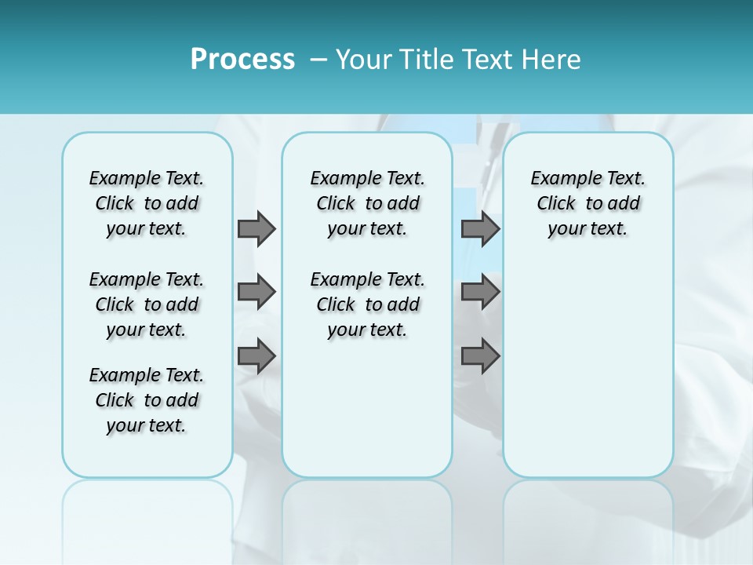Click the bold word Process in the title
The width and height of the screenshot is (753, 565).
(242, 60)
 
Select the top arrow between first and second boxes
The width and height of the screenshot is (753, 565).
(256, 228)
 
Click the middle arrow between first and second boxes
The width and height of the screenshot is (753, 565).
(256, 292)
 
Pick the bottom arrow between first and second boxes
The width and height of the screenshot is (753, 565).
(256, 355)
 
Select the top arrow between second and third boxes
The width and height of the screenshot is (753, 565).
(480, 228)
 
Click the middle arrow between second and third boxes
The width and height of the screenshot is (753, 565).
(480, 292)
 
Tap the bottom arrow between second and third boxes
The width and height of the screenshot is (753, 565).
(480, 355)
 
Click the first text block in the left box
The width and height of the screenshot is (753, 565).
(147, 203)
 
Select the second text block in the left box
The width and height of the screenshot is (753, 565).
(147, 304)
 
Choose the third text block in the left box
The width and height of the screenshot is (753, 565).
(147, 400)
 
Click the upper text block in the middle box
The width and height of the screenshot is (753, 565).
(367, 203)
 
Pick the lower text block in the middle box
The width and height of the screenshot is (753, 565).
(367, 304)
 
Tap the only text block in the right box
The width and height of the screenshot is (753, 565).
(587, 203)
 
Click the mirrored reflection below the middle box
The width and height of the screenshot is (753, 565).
(367, 518)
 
